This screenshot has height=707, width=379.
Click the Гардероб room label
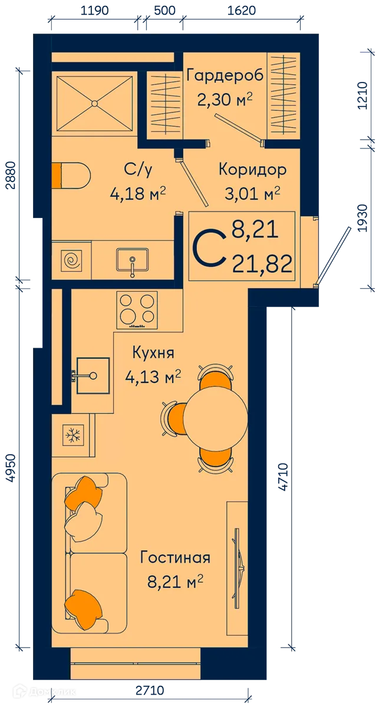[224, 76]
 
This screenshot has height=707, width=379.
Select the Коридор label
[252, 170]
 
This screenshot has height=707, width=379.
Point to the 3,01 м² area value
[252, 193]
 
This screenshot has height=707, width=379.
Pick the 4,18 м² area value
[137, 193]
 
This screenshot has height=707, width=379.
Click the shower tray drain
[94, 103]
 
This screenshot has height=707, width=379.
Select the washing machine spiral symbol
[74, 260]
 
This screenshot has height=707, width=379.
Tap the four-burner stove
[137, 310]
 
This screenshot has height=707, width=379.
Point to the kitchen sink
[92, 375]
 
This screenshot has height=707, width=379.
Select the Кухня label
[153, 353]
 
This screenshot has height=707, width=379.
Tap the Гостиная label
[175, 557]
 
